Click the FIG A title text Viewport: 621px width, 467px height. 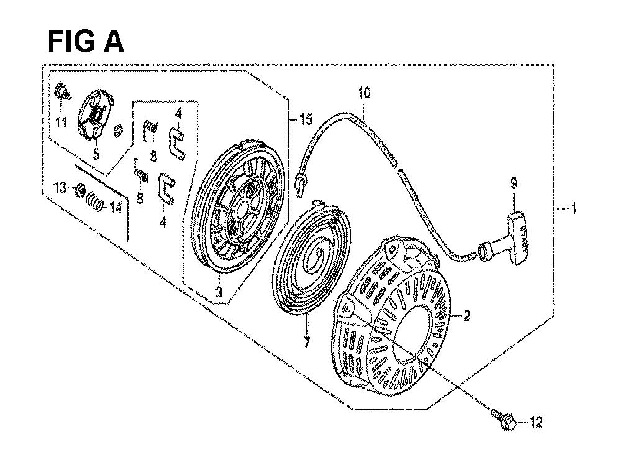tap(86, 42)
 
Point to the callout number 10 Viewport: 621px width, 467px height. tap(365, 93)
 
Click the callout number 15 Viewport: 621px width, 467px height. tap(306, 119)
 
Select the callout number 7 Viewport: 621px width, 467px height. tap(307, 343)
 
